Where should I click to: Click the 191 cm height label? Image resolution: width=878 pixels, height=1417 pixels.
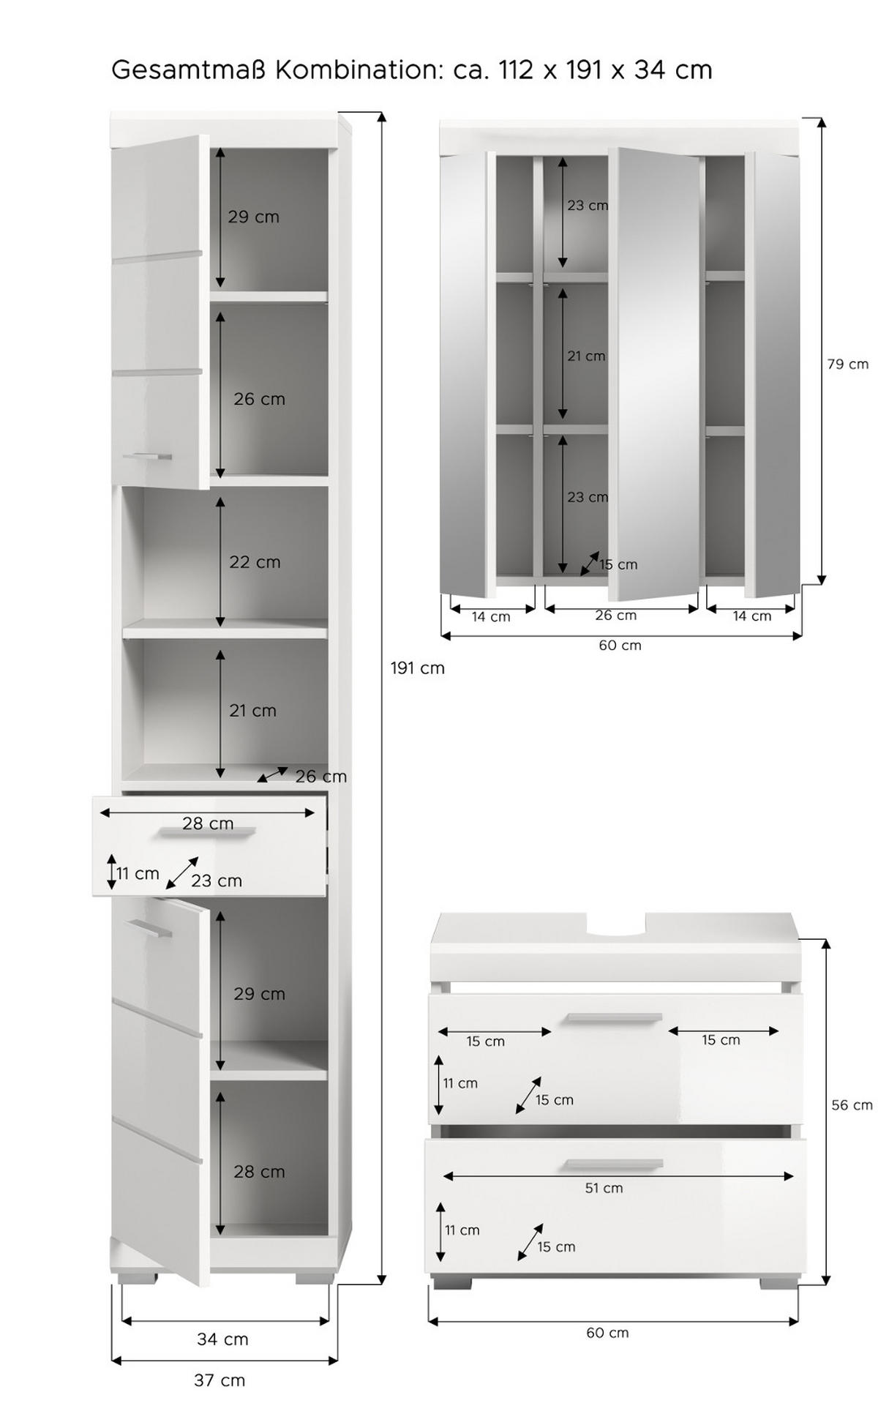417,668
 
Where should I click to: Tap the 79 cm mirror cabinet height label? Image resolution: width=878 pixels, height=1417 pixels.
848,364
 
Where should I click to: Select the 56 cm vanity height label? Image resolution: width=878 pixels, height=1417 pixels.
852,1105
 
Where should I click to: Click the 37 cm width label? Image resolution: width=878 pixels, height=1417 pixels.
219,1380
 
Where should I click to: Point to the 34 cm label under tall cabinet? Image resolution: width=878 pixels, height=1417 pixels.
222,1339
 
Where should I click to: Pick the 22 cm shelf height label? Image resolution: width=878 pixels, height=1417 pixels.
255,562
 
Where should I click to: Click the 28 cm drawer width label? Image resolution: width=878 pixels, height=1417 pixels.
208,823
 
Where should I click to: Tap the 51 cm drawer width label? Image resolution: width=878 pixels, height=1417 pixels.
604,1188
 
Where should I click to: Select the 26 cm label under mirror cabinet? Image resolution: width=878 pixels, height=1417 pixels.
615,616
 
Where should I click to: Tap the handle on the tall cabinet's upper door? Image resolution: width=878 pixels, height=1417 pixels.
147,457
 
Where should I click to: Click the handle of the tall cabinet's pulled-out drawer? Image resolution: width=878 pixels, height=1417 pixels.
209,832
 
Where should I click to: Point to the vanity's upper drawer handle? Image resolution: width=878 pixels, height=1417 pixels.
614,1017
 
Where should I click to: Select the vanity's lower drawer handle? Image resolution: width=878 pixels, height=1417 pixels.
614,1165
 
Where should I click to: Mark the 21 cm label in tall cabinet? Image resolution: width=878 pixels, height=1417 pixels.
252,711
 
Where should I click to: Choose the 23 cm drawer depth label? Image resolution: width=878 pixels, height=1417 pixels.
216,881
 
